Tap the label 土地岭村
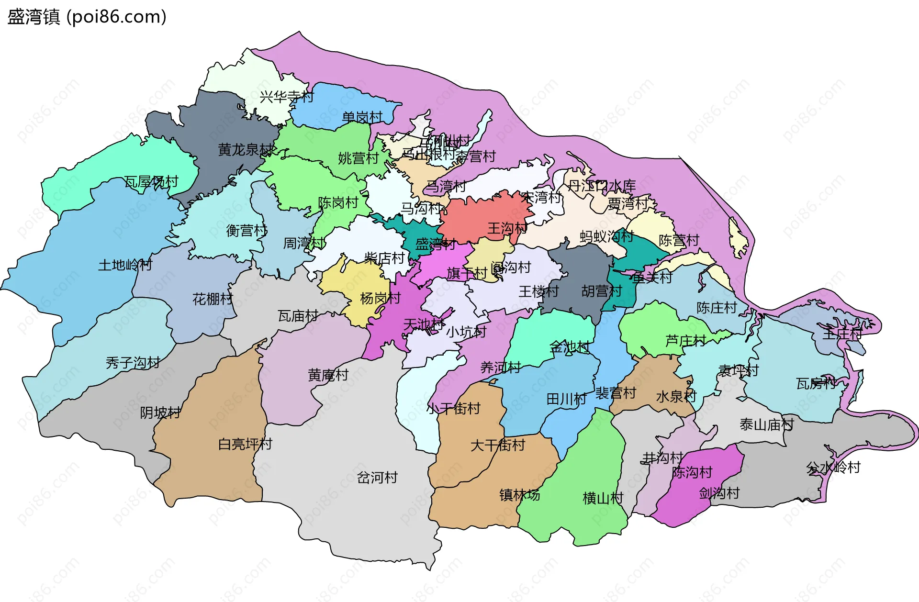(125, 265)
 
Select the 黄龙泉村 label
(246, 150)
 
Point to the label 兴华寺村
(286, 97)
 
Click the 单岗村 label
(362, 117)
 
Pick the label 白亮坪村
(245, 444)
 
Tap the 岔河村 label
(377, 477)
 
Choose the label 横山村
(603, 498)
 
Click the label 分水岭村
(833, 467)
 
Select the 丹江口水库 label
(601, 186)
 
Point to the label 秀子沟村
(133, 363)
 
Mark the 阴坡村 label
(160, 412)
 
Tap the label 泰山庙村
(766, 424)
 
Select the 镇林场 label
(519, 494)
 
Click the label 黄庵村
(328, 375)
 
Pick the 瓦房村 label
(816, 383)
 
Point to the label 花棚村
(213, 299)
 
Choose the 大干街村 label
(498, 445)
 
